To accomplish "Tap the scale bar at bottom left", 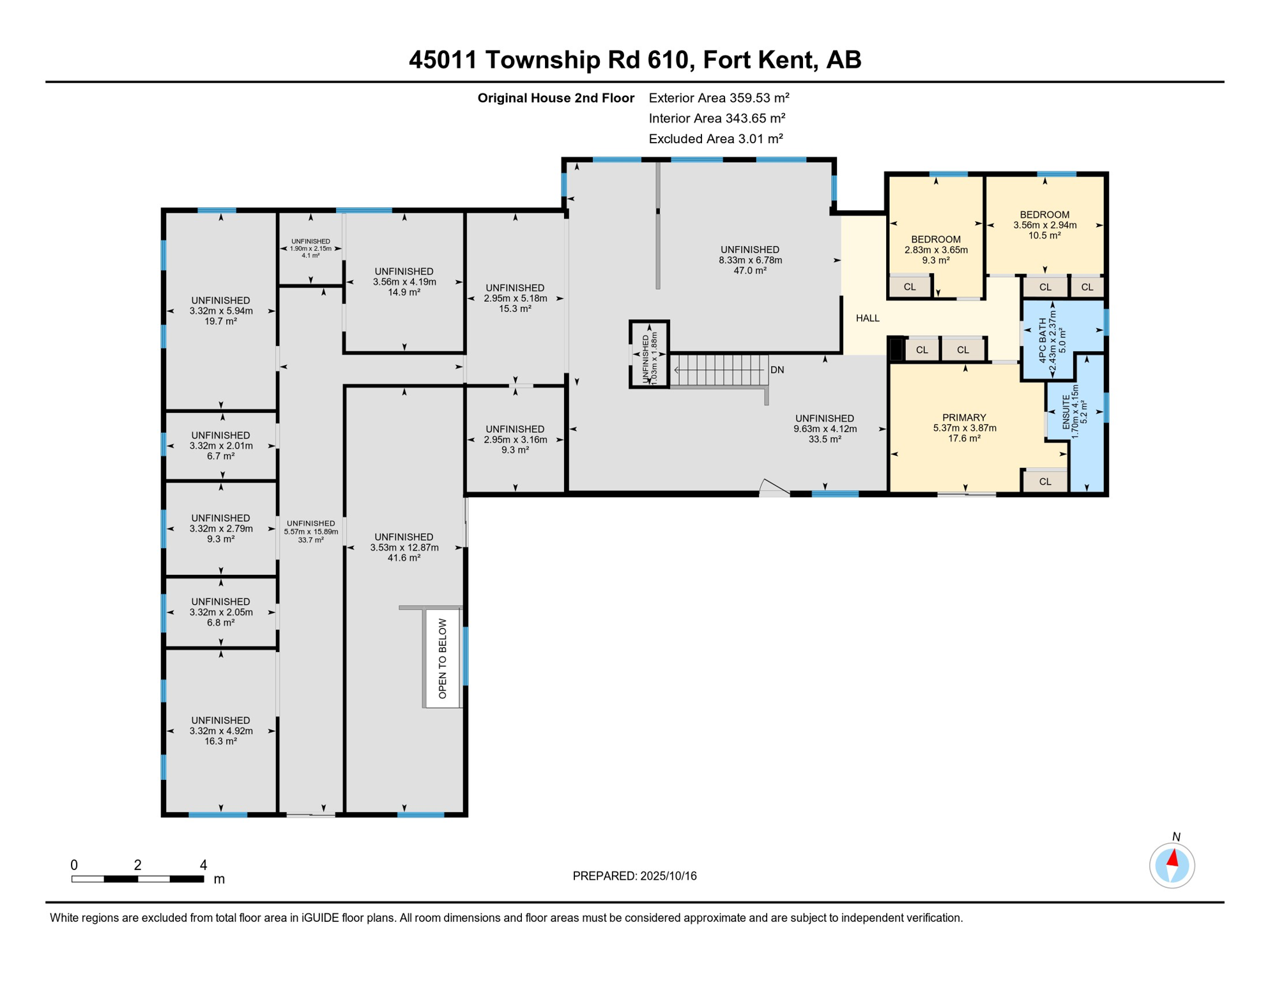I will [137, 879].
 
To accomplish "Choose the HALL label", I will [867, 318].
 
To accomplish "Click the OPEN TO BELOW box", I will [442, 659].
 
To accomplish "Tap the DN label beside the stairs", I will [777, 370].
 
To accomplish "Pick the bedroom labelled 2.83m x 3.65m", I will [936, 249].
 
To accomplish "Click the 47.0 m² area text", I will [750, 271].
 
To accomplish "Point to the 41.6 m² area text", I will [404, 558].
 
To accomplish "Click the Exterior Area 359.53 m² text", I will [719, 98].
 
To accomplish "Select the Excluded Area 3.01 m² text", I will [715, 139].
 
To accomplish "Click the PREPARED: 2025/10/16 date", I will [634, 876].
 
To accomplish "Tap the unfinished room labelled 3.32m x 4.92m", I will [220, 731].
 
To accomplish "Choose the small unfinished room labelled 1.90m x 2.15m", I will [310, 249].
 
